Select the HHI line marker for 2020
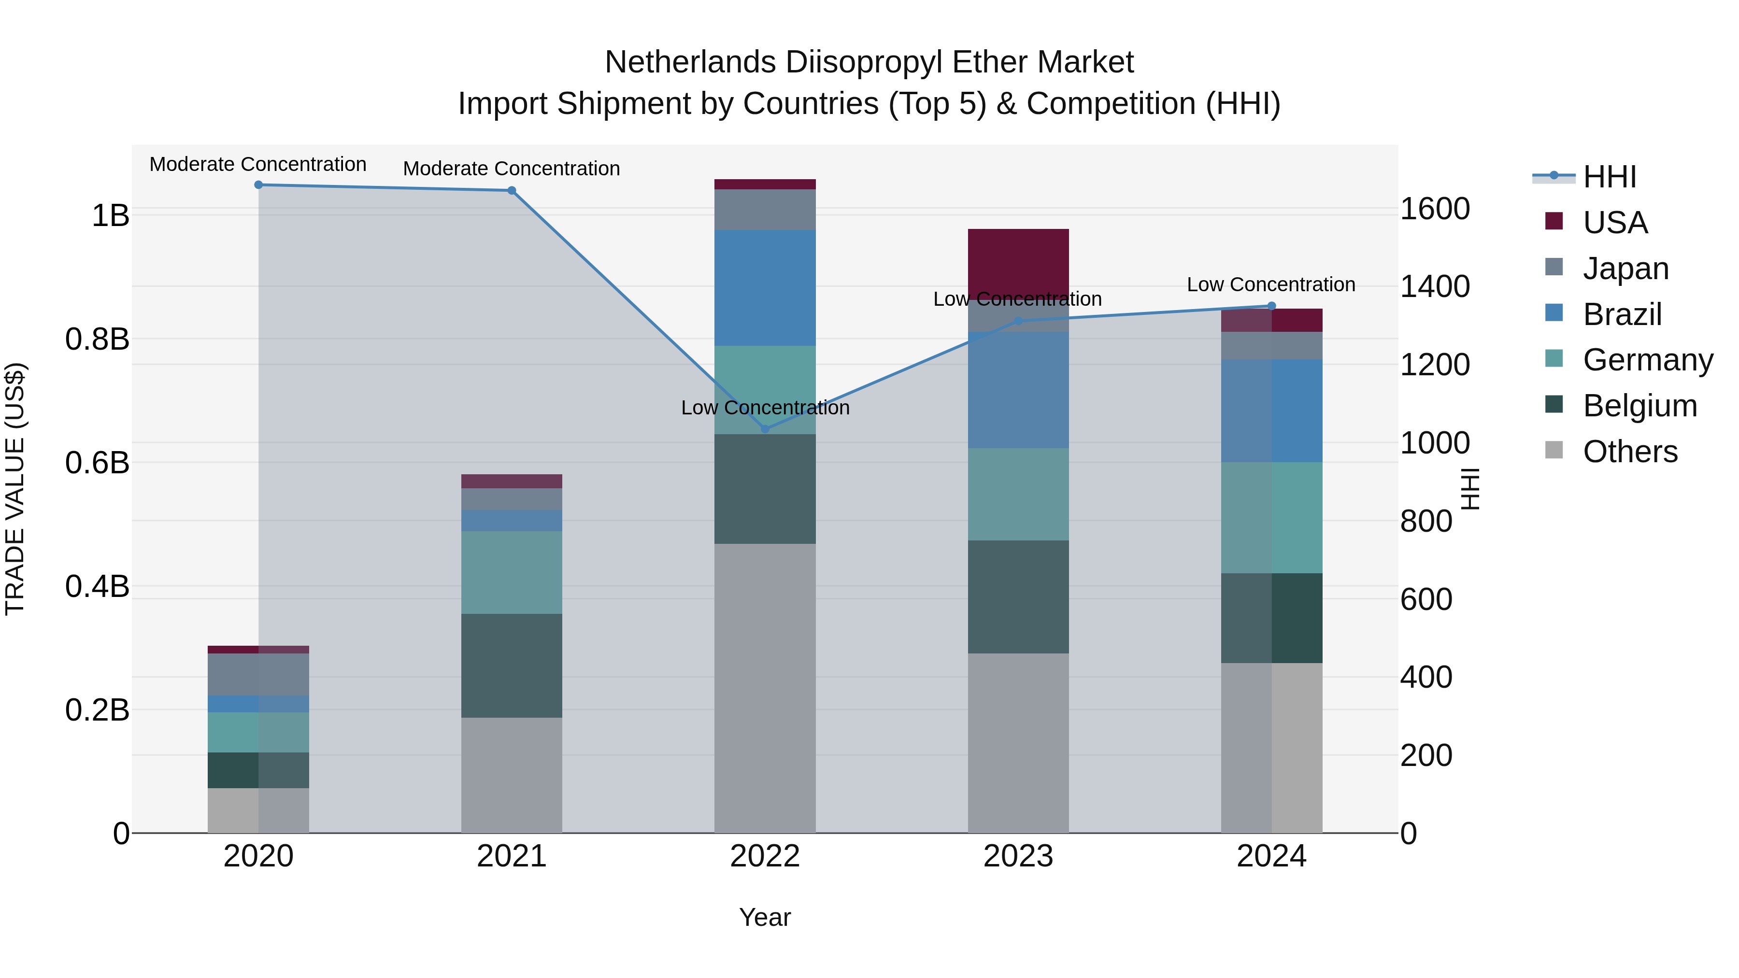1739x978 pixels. [258, 185]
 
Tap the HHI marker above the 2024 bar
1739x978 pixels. [1272, 306]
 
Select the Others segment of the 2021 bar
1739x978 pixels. [511, 775]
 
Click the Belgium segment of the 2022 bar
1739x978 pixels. [765, 489]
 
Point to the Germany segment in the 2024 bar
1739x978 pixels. [1272, 518]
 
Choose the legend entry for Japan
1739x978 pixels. [1625, 269]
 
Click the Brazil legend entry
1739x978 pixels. [1622, 314]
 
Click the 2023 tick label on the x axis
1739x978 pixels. [1018, 856]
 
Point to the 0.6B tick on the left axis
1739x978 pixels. [97, 463]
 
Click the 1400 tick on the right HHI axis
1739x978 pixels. [1435, 286]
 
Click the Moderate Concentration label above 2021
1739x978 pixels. [511, 169]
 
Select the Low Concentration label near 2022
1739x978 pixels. [765, 408]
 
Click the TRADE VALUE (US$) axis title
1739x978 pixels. [15, 489]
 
